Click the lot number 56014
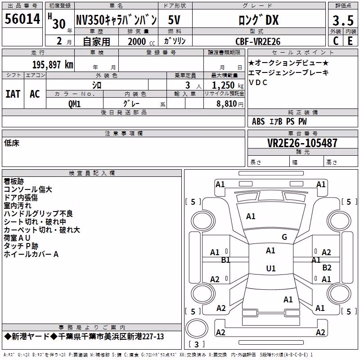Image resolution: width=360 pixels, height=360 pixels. tap(22, 19)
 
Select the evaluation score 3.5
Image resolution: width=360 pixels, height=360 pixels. tap(343, 20)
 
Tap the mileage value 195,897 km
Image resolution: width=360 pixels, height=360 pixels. tap(53, 65)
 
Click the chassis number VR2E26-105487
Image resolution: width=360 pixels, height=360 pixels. tap(302, 143)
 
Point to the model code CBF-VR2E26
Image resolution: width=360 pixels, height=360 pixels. tap(258, 41)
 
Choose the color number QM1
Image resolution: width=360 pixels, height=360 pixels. tap(75, 104)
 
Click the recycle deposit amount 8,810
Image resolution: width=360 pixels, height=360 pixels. tap(227, 104)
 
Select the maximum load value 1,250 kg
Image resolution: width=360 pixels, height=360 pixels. tap(228, 85)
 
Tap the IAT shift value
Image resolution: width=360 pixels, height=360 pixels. tap(13, 94)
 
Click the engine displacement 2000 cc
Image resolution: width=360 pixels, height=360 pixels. tap(141, 42)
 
